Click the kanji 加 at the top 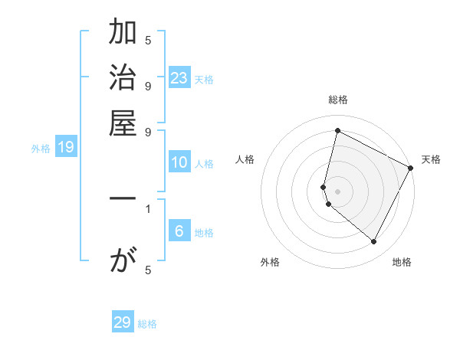click(123, 34)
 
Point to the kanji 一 click(123, 198)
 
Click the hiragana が click(123, 261)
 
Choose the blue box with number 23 click(179, 77)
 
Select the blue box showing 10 click(179, 162)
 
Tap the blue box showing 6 click(179, 231)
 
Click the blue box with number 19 click(66, 148)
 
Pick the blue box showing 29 click(123, 322)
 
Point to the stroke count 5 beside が click(148, 270)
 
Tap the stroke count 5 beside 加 click(148, 41)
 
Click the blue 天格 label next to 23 click(204, 79)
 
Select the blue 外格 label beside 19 click(41, 149)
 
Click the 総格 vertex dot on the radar click(337, 131)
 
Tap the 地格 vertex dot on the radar click(374, 242)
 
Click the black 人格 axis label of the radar click(245, 159)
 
